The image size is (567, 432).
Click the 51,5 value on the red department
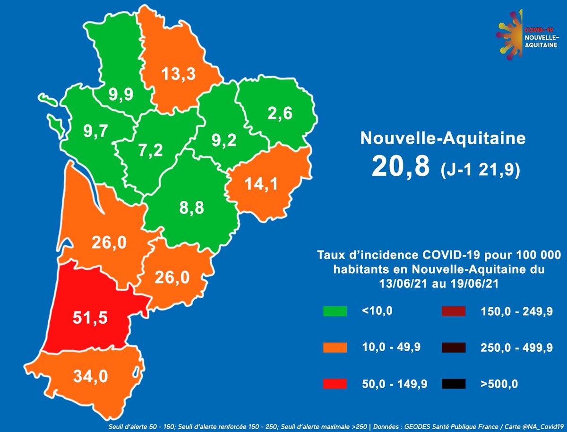pyautogui.click(x=90, y=318)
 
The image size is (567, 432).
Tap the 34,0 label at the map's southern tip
pyautogui.click(x=91, y=376)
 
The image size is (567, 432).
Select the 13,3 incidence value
pyautogui.click(x=179, y=74)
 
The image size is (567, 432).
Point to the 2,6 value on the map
pyautogui.click(x=279, y=114)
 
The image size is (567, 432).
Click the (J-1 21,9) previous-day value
pyautogui.click(x=480, y=169)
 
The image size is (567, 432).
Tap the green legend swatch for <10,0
pyautogui.click(x=335, y=311)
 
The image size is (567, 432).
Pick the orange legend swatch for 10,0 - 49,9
pyautogui.click(x=335, y=347)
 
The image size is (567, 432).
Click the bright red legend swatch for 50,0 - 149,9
pyautogui.click(x=335, y=384)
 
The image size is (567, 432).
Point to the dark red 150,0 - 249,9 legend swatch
pyautogui.click(x=454, y=311)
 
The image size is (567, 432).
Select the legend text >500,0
pyautogui.click(x=499, y=384)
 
